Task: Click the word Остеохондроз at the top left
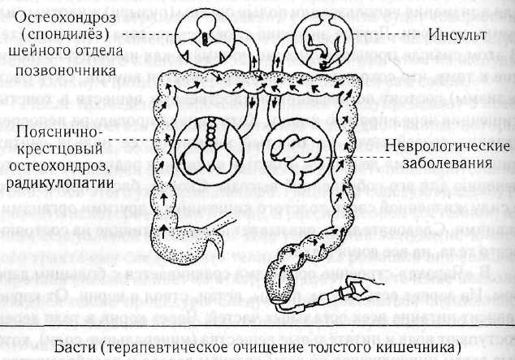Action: (73, 14)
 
